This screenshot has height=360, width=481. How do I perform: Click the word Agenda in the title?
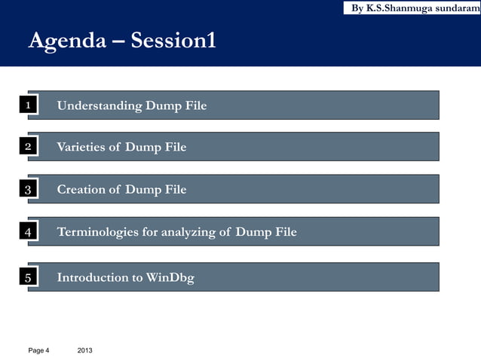[66, 41]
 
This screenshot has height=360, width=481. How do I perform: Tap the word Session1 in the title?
[173, 41]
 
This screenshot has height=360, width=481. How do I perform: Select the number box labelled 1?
[28, 105]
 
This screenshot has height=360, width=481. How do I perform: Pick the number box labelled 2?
[28, 147]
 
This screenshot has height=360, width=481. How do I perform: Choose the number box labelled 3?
[28, 190]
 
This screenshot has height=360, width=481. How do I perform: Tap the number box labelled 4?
[28, 233]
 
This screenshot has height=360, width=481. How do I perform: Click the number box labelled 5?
[28, 279]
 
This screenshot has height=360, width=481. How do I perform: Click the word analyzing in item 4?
[185, 233]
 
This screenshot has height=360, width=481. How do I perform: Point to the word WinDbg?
[170, 278]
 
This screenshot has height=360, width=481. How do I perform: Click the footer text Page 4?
[38, 350]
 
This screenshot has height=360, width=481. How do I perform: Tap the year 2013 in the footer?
[86, 350]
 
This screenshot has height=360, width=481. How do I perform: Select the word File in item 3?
[176, 190]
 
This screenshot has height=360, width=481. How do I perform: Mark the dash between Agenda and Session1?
[118, 41]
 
